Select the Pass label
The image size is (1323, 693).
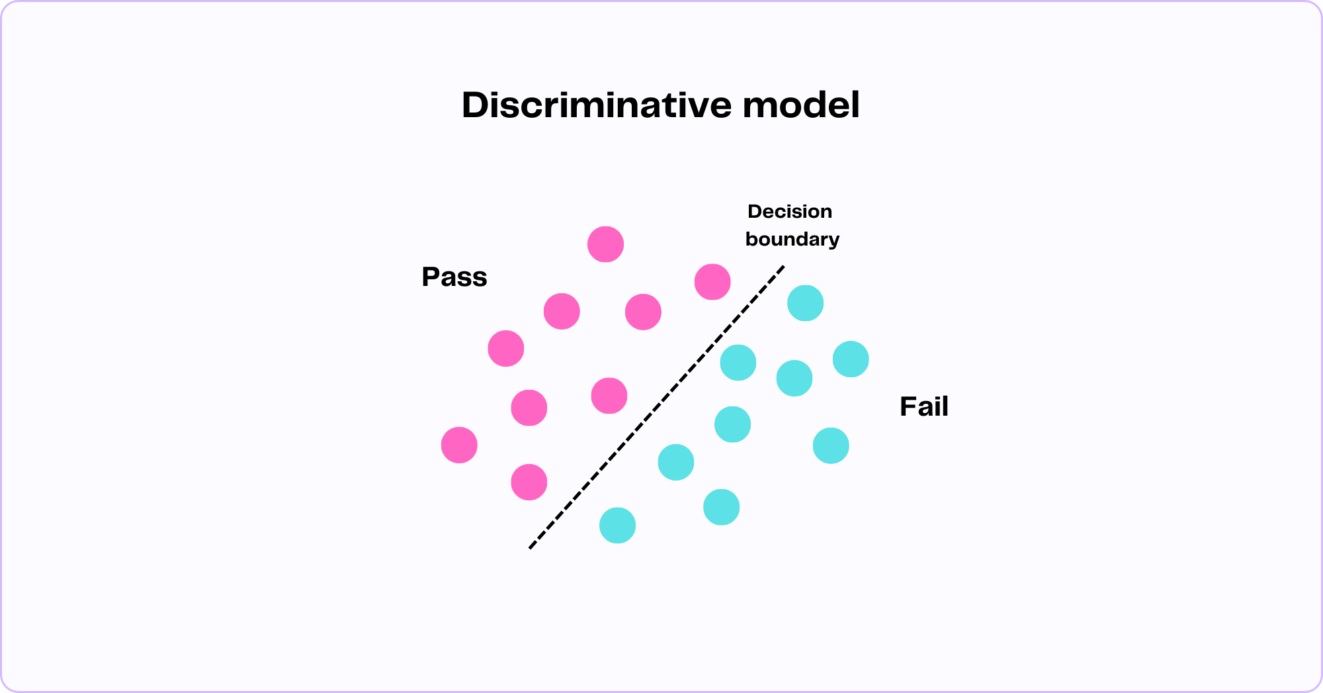(454, 277)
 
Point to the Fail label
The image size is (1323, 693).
(923, 406)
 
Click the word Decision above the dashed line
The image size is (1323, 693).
(789, 212)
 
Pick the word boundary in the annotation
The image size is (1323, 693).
(792, 239)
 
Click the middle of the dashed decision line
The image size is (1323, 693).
(657, 407)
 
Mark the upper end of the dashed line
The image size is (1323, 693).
(783, 267)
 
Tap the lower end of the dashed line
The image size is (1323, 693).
(531, 547)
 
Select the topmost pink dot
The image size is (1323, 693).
(605, 244)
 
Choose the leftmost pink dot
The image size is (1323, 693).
(459, 445)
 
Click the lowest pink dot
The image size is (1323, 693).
(529, 482)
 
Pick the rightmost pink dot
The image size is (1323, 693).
(712, 282)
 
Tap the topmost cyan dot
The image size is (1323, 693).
(805, 303)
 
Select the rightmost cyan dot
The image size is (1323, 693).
(851, 359)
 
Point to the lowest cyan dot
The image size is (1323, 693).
(617, 526)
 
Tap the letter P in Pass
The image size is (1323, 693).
(431, 277)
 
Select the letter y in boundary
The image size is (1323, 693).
(834, 241)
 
